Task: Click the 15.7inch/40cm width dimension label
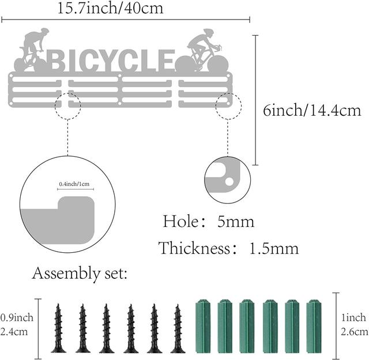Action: point(110,8)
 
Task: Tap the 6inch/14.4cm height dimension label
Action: point(312,110)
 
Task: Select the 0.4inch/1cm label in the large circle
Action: point(74,184)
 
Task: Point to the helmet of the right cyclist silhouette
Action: point(209,32)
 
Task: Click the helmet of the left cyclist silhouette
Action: point(44,31)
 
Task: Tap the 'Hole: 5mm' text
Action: point(209,222)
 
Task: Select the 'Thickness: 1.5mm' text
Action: point(228,248)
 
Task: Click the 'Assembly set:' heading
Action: point(80,274)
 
